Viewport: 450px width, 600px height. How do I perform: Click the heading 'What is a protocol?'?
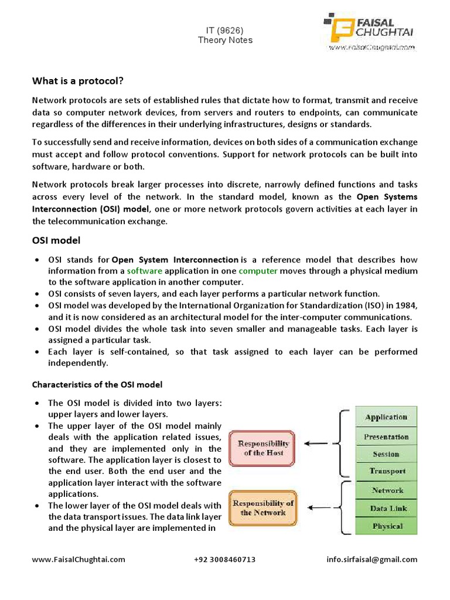(78, 80)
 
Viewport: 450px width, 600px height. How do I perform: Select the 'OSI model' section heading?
(56, 240)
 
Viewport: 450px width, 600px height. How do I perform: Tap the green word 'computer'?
(258, 271)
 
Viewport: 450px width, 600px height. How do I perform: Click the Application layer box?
(386, 417)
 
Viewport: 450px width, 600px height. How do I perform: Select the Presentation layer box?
(386, 437)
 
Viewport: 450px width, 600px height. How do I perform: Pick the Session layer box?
(386, 454)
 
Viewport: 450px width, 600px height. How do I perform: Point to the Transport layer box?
(386, 471)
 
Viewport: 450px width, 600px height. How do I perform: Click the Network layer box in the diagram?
(386, 490)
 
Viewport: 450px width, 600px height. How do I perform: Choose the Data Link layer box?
(386, 508)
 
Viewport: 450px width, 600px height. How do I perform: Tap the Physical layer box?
(386, 526)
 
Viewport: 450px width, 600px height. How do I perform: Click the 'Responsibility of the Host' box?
(263, 449)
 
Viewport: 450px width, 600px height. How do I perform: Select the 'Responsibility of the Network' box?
(263, 508)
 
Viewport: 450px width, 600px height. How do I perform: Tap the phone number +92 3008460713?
(224, 560)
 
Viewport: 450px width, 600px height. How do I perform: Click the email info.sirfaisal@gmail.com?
(372, 560)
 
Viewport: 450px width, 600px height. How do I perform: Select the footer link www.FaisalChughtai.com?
(78, 560)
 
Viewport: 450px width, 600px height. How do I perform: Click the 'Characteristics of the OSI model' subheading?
(97, 384)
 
